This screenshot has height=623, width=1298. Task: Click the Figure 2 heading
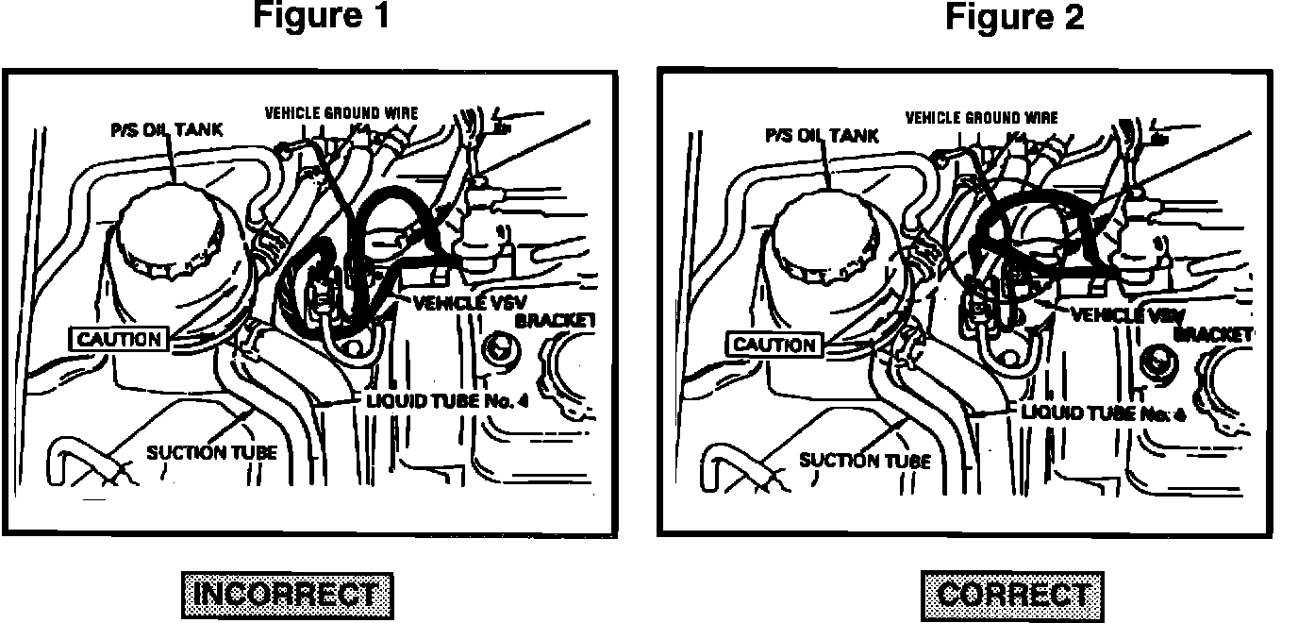(1014, 17)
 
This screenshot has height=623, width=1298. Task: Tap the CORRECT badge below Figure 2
(1012, 596)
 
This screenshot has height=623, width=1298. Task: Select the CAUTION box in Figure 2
(774, 345)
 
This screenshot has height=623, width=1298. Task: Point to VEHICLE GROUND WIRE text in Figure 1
(341, 112)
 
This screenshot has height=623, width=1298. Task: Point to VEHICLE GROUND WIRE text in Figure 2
(981, 118)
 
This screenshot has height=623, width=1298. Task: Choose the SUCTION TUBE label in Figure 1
(211, 452)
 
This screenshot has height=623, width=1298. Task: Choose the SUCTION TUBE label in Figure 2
(865, 461)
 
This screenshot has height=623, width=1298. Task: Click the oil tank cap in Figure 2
(826, 242)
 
